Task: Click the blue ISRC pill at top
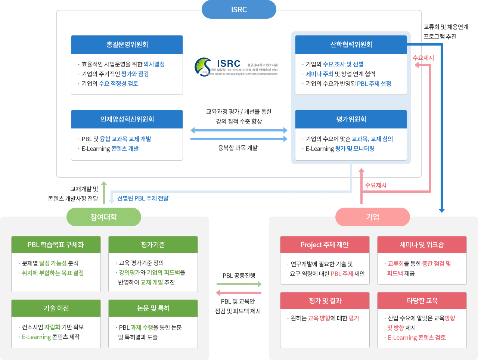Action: pyautogui.click(x=239, y=10)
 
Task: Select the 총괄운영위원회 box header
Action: pyautogui.click(x=127, y=45)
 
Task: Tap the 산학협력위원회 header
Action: pyautogui.click(x=351, y=45)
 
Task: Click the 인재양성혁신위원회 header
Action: pyautogui.click(x=127, y=120)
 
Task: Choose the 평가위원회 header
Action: pyautogui.click(x=351, y=120)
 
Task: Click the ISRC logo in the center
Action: pyautogui.click(x=236, y=67)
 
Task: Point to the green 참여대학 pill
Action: pyautogui.click(x=104, y=217)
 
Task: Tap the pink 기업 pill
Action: pyautogui.click(x=373, y=217)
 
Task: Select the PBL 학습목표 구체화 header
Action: pyautogui.click(x=56, y=245)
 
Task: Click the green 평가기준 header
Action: pyautogui.click(x=153, y=245)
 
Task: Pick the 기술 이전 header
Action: pyautogui.click(x=56, y=308)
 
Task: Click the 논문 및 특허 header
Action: pyautogui.click(x=153, y=308)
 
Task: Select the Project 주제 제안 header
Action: pyautogui.click(x=325, y=245)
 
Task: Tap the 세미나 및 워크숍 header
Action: pyautogui.click(x=422, y=245)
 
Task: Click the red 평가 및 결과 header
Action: pyautogui.click(x=325, y=301)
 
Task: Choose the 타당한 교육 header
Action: pyautogui.click(x=422, y=301)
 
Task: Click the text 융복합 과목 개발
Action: pyautogui.click(x=238, y=148)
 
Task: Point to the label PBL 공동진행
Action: pyautogui.click(x=239, y=276)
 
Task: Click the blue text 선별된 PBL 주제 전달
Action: pyautogui.click(x=143, y=198)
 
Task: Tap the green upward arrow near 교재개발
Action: pyautogui.click(x=104, y=192)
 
